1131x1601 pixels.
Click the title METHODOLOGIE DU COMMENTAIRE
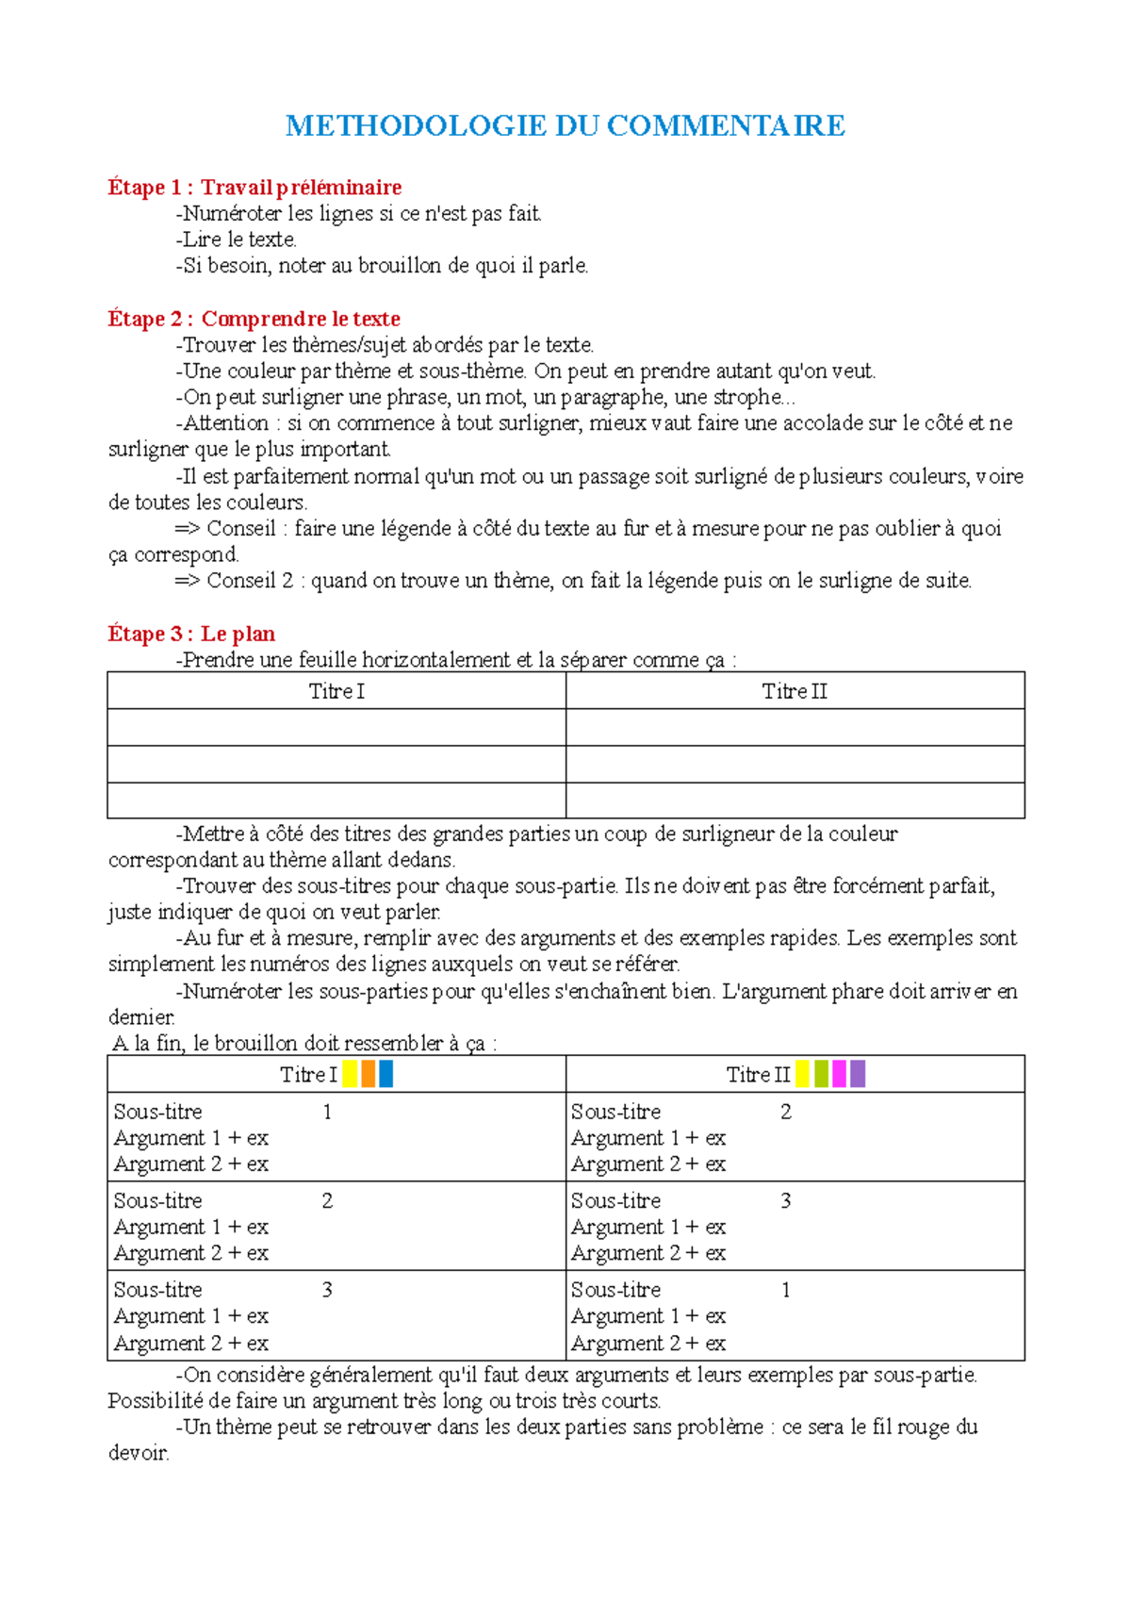565,125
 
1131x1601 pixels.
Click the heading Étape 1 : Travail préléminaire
254,187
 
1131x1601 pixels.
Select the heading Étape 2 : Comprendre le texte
254,318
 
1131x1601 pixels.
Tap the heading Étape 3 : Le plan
191,634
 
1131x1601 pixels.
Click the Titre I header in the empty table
336,691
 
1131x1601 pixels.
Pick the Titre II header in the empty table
795,691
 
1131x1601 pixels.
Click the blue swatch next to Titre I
385,1073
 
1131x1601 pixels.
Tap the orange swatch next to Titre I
369,1073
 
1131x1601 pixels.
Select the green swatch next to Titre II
821,1073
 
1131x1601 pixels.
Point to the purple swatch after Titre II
858,1073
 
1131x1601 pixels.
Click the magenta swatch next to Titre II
840,1073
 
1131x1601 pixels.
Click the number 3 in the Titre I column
327,1289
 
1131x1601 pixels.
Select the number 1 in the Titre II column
785,1289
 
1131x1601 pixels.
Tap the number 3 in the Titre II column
785,1200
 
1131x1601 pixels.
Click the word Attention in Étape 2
226,422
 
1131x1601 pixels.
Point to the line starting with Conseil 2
573,581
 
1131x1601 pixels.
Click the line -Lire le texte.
237,239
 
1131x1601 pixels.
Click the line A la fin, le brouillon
304,1043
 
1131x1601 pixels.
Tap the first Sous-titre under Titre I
157,1112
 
